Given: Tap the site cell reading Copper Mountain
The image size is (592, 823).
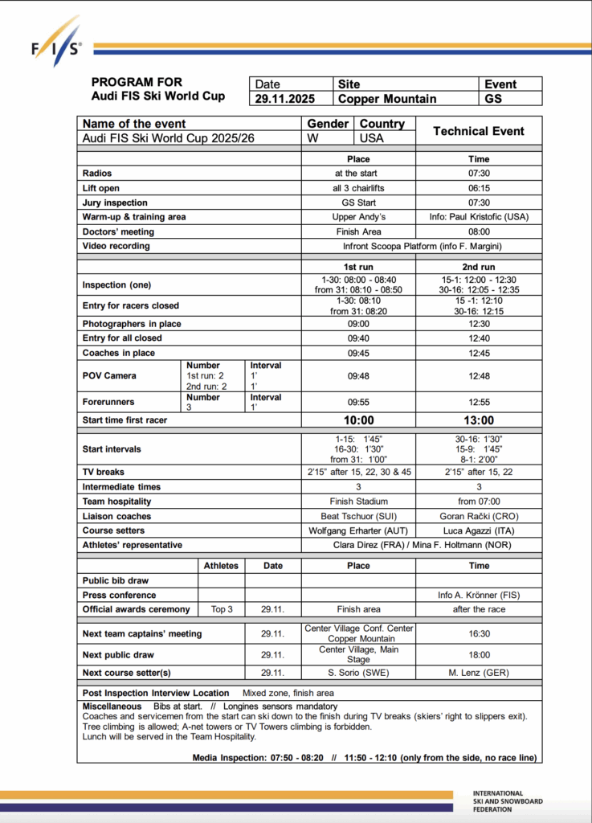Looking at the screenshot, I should point(387,99).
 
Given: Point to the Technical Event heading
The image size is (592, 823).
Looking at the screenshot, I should point(478,131).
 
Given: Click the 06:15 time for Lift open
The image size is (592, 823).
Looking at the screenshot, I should point(478,188).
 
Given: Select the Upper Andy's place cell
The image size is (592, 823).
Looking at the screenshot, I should point(358,217).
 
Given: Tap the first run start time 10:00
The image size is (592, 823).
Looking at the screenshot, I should point(358,420).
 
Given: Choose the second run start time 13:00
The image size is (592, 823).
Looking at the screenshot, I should point(478,420).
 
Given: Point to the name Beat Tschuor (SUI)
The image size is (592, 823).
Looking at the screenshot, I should point(358,516).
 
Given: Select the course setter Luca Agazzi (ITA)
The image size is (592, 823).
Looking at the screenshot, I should point(478,530).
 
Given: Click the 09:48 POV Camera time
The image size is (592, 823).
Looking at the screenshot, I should point(358,375).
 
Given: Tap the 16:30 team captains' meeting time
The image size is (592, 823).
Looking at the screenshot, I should point(478,633).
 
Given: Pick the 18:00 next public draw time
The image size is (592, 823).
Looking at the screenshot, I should point(478,654).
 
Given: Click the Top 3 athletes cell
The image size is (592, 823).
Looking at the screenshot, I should point(221,609).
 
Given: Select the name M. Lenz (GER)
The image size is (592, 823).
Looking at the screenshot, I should point(478,673).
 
